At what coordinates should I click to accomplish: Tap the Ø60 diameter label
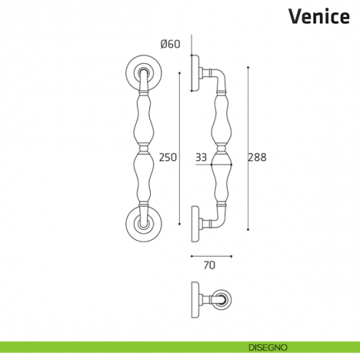[170, 45]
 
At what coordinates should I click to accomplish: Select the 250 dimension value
[168, 157]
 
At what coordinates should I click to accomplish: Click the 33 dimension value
[200, 157]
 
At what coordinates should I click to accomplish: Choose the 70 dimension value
[210, 266]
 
